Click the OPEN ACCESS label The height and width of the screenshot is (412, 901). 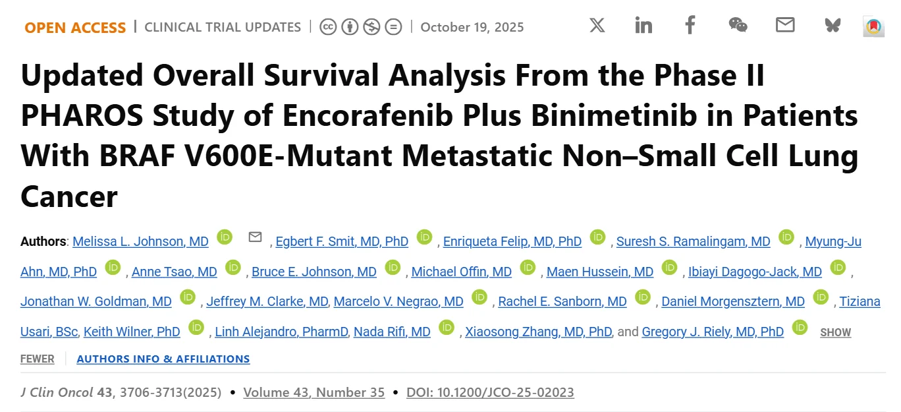pos(75,28)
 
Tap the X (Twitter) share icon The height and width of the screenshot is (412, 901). pos(597,26)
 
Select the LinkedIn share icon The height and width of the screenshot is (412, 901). pos(643,26)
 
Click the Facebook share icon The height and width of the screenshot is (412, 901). pos(690,26)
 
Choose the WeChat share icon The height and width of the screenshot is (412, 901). pos(738,26)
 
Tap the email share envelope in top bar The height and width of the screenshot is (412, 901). pos(784,26)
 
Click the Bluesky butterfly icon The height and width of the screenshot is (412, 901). pos(833,26)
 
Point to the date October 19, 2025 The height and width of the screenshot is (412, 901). pos(472,28)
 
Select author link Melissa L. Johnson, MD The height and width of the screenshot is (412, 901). pos(140,242)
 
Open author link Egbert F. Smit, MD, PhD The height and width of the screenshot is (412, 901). pos(342,242)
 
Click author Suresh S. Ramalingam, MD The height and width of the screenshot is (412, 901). pos(693,242)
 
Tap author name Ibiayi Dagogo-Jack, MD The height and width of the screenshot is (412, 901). pos(755,272)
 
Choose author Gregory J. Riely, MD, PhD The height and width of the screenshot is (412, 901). pos(713,332)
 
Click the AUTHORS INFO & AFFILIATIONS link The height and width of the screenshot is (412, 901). pos(163,359)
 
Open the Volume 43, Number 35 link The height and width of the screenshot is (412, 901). pos(314,393)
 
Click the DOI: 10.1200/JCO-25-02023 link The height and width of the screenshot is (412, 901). pos(490,393)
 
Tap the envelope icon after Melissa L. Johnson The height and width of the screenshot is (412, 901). pos(255,237)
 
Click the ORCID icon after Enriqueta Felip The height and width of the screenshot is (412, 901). pos(597,237)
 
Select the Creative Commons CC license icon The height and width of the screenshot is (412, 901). pos(328,27)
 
